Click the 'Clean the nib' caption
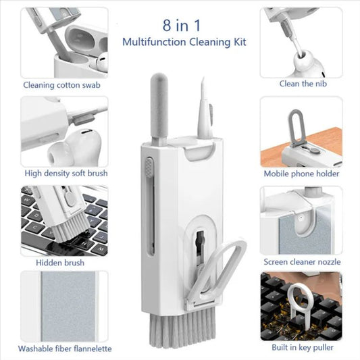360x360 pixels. coord(301,84)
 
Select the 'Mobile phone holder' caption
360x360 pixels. coord(301,173)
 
